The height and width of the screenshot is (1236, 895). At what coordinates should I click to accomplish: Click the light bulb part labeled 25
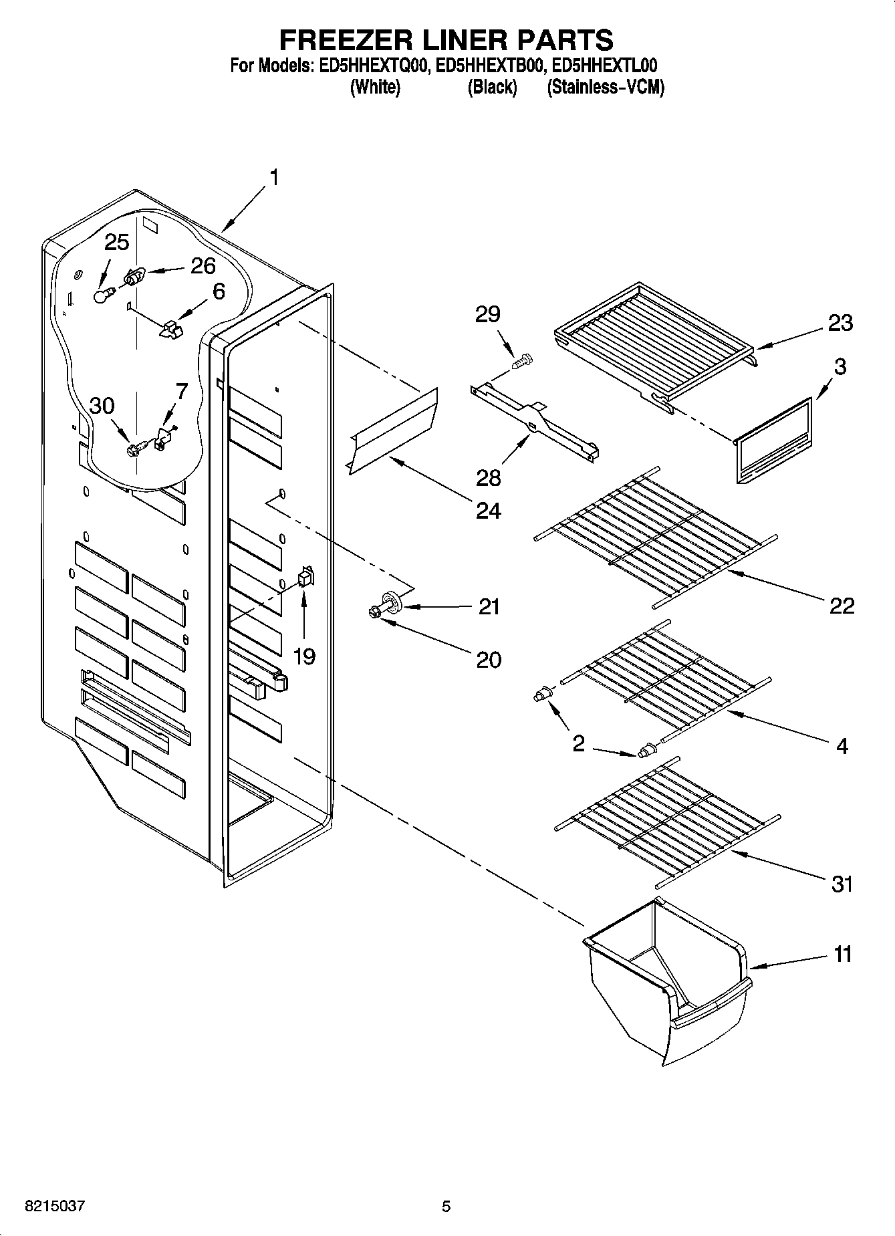click(x=102, y=295)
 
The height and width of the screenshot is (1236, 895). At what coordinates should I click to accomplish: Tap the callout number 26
click(x=203, y=265)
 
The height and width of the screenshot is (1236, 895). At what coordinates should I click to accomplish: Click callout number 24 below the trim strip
click(x=488, y=511)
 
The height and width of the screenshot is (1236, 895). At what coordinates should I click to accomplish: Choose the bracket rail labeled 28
click(x=535, y=421)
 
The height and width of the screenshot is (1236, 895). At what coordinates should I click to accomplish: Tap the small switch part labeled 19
click(x=305, y=576)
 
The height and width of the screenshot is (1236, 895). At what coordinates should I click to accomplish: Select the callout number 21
click(x=489, y=607)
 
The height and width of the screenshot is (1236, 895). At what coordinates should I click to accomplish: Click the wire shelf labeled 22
click(x=655, y=535)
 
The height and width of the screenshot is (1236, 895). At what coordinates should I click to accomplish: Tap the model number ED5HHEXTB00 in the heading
click(x=491, y=66)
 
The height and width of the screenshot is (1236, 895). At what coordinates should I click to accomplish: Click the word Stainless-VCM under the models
click(x=606, y=88)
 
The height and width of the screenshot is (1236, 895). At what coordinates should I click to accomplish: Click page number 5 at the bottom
click(x=446, y=1207)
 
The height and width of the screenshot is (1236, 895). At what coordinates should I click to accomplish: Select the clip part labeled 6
click(x=172, y=328)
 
